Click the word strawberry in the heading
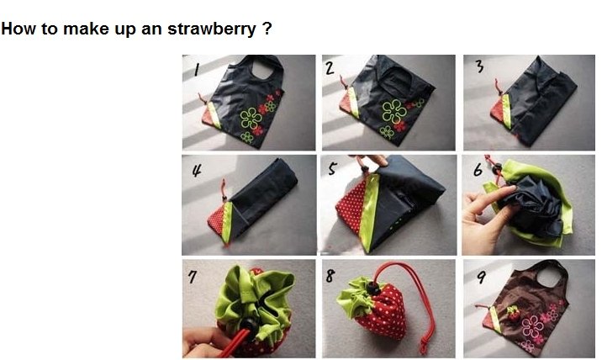[212, 29]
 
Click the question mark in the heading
[267, 29]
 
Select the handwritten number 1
[197, 69]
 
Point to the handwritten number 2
[330, 68]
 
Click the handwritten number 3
[479, 66]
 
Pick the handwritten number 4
[197, 169]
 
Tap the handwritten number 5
[332, 168]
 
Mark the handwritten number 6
[478, 169]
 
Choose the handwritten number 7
[192, 277]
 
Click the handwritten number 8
[330, 276]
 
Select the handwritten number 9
[481, 276]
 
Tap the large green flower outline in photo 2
[393, 112]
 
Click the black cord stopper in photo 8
[372, 288]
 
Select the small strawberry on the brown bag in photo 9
[513, 314]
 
